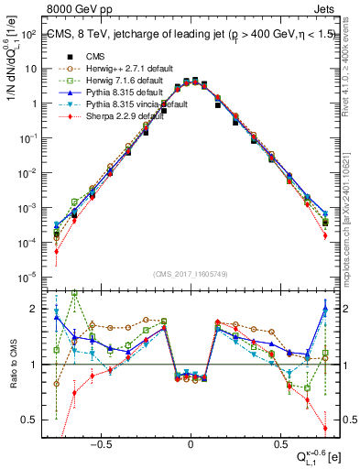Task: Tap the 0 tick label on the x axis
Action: pyautogui.click(x=191, y=441)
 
